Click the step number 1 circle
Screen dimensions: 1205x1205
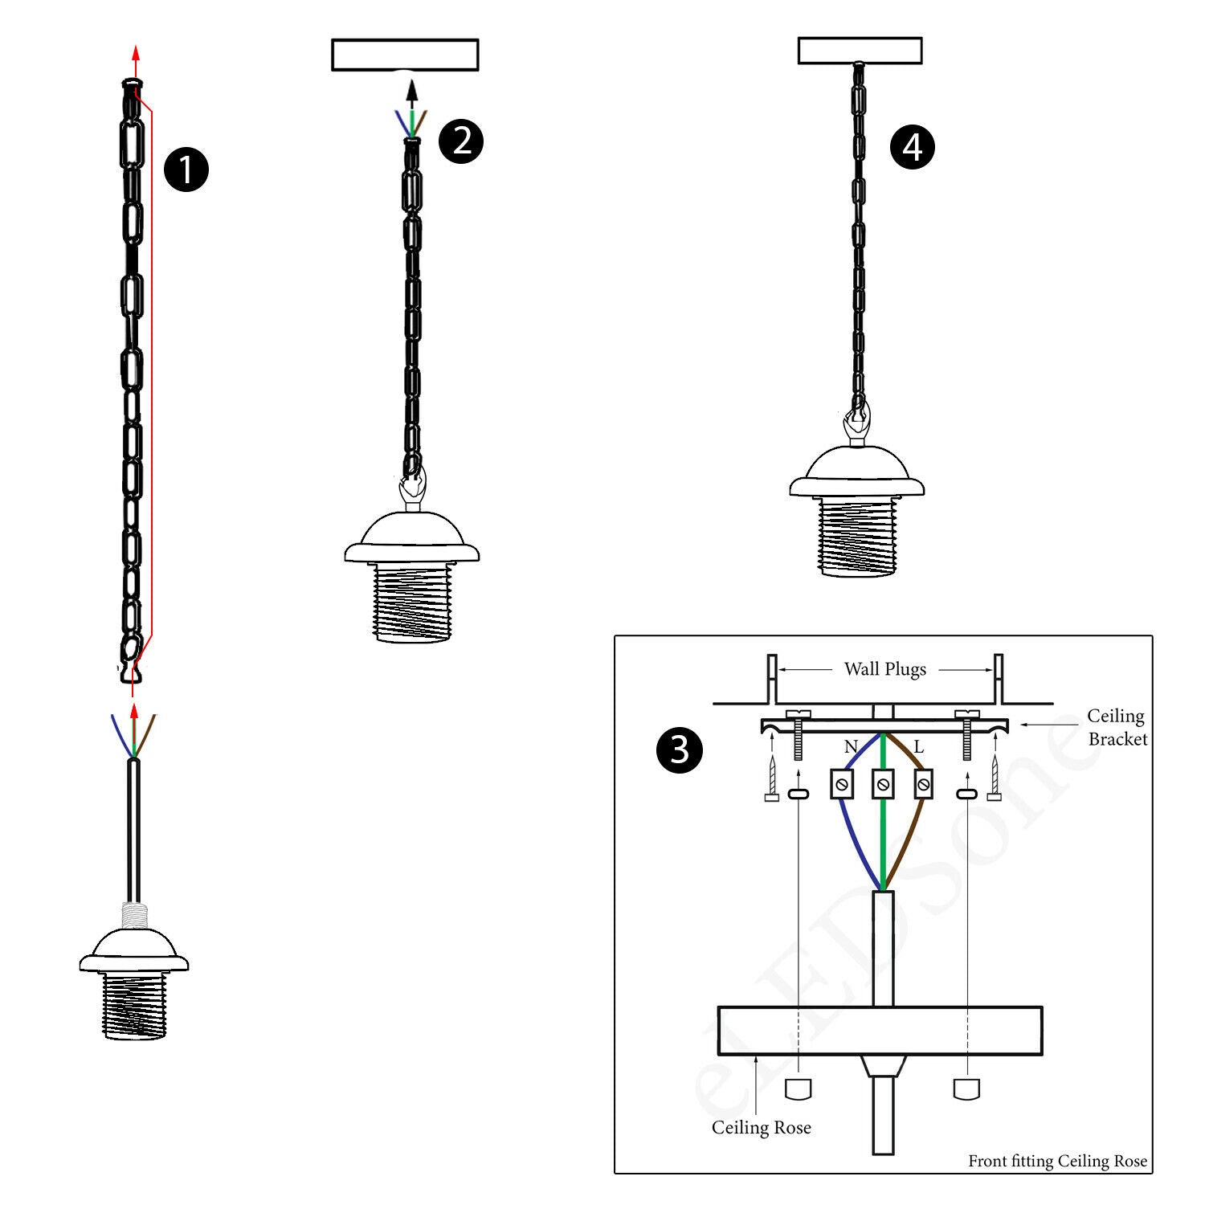click(x=186, y=170)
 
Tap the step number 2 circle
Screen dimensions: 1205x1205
click(x=461, y=141)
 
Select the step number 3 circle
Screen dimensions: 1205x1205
click(x=680, y=750)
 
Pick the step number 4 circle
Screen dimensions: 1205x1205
click(x=913, y=147)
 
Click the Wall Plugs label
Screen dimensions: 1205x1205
click(x=884, y=669)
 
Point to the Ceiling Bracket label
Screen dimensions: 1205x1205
click(x=1117, y=727)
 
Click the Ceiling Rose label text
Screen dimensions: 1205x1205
click(x=761, y=1128)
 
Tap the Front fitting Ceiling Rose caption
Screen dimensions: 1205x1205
click(x=1057, y=1161)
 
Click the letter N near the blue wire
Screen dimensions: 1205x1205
click(x=851, y=747)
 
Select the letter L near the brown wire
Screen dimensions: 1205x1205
click(x=918, y=747)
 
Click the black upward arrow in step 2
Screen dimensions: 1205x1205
click(x=411, y=90)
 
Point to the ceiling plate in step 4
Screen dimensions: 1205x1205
click(x=860, y=51)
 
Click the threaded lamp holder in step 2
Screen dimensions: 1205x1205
click(x=411, y=602)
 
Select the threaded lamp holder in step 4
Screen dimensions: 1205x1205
click(x=857, y=536)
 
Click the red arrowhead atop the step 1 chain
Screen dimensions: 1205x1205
click(x=135, y=53)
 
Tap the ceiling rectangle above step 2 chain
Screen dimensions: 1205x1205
click(x=405, y=55)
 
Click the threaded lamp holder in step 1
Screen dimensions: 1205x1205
click(x=134, y=1004)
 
